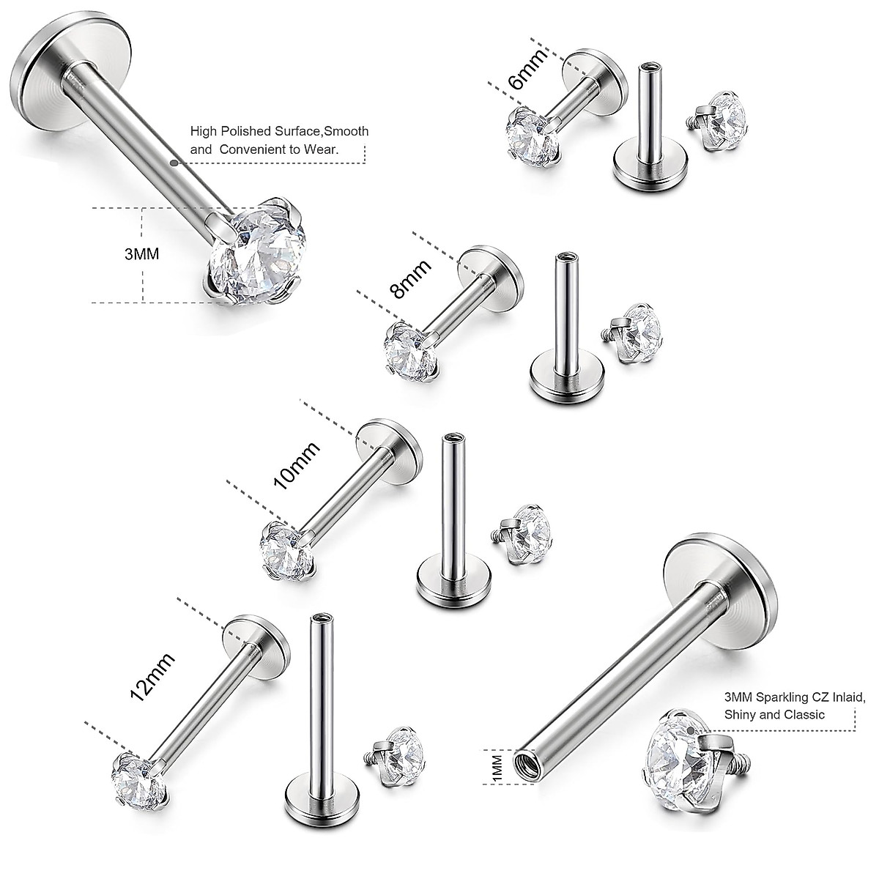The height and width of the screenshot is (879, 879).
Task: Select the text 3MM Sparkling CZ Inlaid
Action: point(794,697)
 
